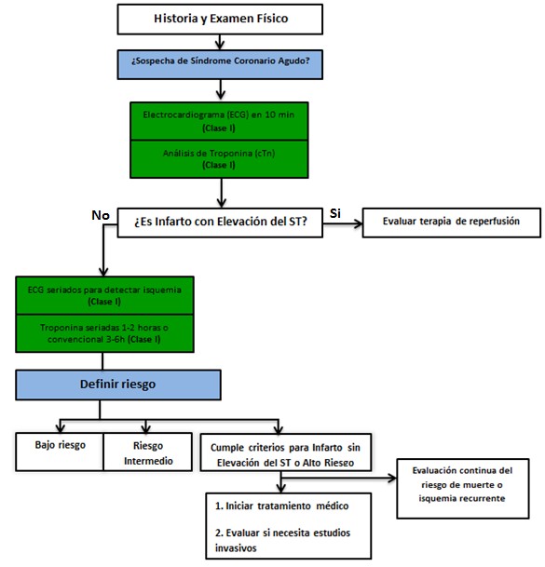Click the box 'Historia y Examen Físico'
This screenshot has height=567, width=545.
coord(220,20)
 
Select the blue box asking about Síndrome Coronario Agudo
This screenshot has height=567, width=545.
coord(220,65)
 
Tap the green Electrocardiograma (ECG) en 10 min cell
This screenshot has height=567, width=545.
coord(219,121)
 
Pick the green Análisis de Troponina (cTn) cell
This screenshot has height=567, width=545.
coord(219,159)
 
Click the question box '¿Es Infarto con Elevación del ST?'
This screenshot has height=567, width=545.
coord(220,223)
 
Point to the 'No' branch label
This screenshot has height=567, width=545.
coord(101,215)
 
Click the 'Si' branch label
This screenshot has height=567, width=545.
coord(335,213)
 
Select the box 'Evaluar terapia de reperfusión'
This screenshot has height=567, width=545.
coord(452,223)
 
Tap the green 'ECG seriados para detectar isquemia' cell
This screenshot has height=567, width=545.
coord(104,295)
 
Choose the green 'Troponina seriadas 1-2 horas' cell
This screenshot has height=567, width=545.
coord(104,333)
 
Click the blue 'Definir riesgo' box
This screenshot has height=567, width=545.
coord(118,385)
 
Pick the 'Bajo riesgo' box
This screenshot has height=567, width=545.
coord(60,452)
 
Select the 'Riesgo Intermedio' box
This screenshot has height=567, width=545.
coord(148,452)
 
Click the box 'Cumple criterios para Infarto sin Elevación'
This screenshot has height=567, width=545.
coord(286,452)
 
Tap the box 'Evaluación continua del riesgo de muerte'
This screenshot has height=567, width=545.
coord(463,489)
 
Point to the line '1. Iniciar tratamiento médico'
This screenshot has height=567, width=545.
coord(281,506)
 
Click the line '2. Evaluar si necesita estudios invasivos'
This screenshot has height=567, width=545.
coord(282,540)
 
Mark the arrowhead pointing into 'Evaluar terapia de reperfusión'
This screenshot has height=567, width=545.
coord(359,223)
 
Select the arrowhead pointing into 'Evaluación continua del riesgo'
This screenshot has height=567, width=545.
coord(392,478)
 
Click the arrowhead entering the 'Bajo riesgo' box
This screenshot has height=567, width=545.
coord(61,428)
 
